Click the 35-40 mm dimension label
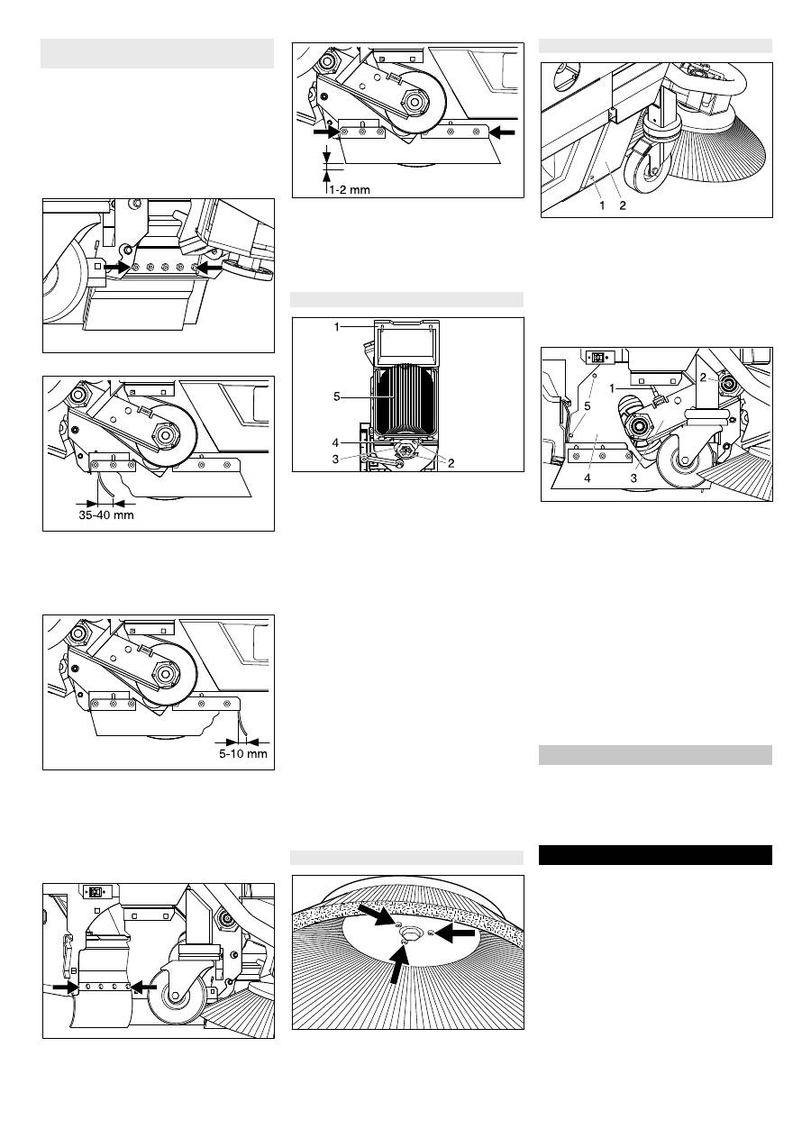[106, 515]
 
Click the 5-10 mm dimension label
[243, 754]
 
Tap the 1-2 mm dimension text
[350, 190]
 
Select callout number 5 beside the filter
[336, 396]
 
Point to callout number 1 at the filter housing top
[336, 327]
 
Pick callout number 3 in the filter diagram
[335, 460]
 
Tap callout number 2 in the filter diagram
[451, 463]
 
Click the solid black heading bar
[655, 855]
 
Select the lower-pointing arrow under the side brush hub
[399, 964]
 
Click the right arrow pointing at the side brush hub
[453, 933]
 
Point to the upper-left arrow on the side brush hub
[377, 915]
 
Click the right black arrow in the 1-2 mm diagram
[502, 132]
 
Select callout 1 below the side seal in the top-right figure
[602, 205]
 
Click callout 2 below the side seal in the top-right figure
[623, 205]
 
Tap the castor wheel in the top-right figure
[646, 170]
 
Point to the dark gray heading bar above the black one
[655, 755]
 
